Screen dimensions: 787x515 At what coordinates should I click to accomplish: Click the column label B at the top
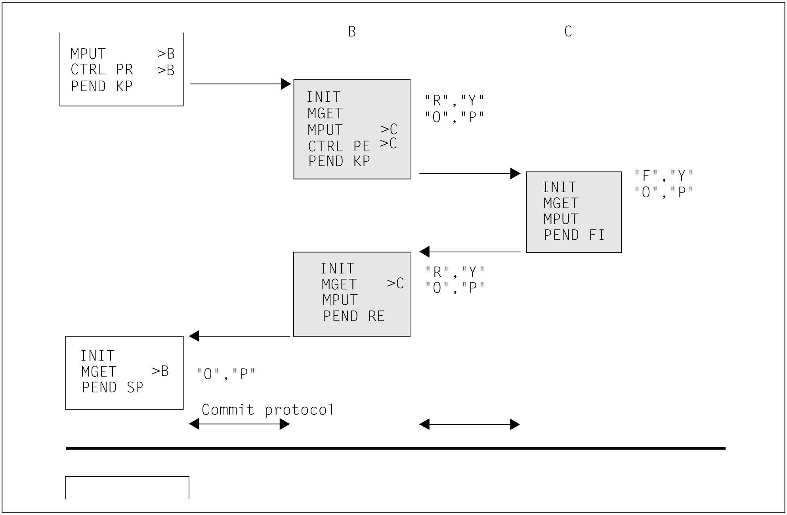tap(352, 32)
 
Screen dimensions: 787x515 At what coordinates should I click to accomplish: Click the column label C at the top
tap(568, 31)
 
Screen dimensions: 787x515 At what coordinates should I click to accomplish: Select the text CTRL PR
tap(102, 70)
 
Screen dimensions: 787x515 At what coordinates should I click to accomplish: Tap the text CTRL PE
tap(339, 147)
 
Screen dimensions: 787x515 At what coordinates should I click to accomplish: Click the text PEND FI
tap(574, 235)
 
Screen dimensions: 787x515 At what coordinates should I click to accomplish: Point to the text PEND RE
tap(354, 316)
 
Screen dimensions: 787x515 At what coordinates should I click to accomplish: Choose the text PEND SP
tap(113, 387)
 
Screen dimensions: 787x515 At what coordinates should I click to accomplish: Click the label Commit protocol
tap(268, 410)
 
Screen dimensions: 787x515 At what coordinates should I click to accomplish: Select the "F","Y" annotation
tap(664, 175)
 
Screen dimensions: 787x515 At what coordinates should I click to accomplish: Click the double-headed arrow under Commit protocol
tap(239, 424)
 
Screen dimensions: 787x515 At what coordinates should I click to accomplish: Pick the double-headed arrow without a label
tap(470, 425)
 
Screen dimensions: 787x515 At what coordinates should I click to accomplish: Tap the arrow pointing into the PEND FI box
tap(470, 174)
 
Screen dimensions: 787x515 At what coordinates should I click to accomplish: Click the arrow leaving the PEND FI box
tap(470, 252)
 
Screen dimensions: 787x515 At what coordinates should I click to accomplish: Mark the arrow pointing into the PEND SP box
tap(239, 336)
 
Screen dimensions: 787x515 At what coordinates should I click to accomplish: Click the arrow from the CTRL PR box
tap(241, 84)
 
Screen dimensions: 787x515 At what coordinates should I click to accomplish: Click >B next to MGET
tap(160, 371)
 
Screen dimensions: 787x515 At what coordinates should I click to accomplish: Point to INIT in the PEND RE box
tap(338, 269)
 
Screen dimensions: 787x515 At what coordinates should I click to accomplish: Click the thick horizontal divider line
tap(395, 448)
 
